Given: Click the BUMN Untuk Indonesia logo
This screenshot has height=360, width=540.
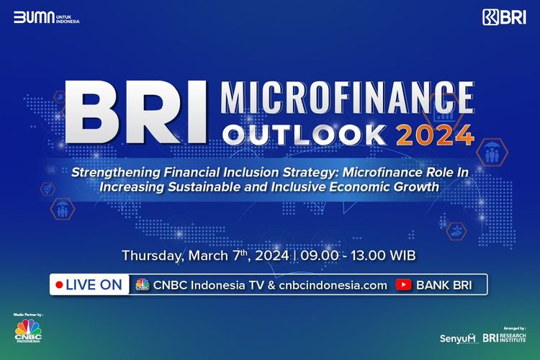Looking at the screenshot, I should pyautogui.click(x=46, y=17).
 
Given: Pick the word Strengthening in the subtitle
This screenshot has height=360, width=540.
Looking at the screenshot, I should pyautogui.click(x=114, y=173).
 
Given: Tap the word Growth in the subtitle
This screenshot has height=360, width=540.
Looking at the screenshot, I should pyautogui.click(x=414, y=186).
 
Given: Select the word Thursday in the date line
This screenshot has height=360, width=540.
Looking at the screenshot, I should pyautogui.click(x=152, y=256).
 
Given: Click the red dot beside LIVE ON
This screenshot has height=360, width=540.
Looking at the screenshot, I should pyautogui.click(x=58, y=284).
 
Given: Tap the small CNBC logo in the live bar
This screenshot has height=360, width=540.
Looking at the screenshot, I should pyautogui.click(x=142, y=284).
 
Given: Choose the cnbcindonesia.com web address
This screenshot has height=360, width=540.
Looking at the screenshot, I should pyautogui.click(x=330, y=284).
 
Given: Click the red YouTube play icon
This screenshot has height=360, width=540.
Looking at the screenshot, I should pyautogui.click(x=404, y=284).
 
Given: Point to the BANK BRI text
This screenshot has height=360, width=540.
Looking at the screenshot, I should pyautogui.click(x=444, y=284).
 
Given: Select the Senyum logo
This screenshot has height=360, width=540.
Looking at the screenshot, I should pyautogui.click(x=458, y=337).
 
